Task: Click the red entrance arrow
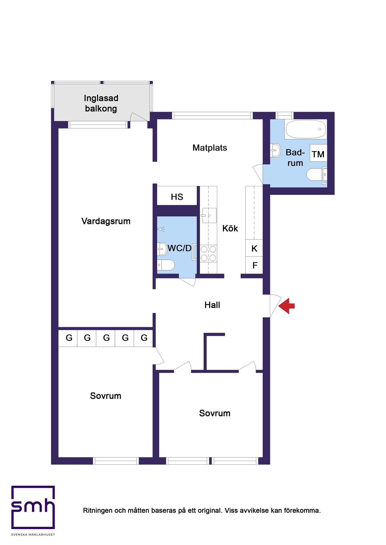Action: click(286, 306)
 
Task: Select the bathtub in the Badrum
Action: click(305, 129)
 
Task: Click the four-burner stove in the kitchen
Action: click(208, 253)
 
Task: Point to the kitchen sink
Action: click(209, 215)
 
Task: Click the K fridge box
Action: click(254, 248)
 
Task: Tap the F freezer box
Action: click(254, 265)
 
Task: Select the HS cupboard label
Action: click(177, 197)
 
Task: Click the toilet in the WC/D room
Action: click(166, 265)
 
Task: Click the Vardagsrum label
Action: click(106, 221)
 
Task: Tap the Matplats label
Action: click(210, 148)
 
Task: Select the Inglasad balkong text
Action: click(101, 103)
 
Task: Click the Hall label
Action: click(212, 305)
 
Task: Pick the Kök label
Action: click(230, 228)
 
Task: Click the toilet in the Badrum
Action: click(317, 175)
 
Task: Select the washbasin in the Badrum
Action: click(275, 150)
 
